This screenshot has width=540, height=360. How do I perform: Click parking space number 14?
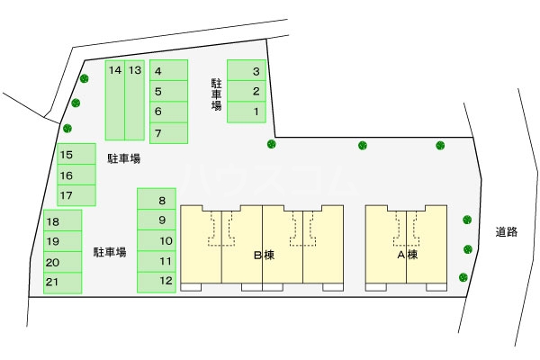point(115,100)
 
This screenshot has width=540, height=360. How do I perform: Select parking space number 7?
point(169,132)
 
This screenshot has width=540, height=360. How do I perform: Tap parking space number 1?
point(247,112)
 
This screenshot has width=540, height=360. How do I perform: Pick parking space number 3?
point(247,70)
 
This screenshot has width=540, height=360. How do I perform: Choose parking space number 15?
point(76,154)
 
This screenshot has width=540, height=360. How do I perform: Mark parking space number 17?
point(76,195)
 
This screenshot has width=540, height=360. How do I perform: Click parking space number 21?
point(63,283)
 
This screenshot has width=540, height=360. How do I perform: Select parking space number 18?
point(63,220)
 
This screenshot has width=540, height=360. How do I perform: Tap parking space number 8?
point(157,199)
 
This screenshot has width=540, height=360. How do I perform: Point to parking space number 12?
point(157,282)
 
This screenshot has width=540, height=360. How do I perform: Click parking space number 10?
point(157,240)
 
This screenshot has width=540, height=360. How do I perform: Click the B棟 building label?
point(264,256)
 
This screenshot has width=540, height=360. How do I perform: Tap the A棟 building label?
point(408,255)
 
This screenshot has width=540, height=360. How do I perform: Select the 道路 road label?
point(506,232)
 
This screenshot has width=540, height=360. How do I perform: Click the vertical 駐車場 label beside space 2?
point(216,94)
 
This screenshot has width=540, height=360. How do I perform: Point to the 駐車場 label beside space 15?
point(124,158)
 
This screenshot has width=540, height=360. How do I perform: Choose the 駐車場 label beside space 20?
point(110,252)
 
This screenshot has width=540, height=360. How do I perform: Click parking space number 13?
point(135,100)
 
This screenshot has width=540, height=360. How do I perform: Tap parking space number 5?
point(169,91)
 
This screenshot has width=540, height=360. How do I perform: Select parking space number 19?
point(63,241)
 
